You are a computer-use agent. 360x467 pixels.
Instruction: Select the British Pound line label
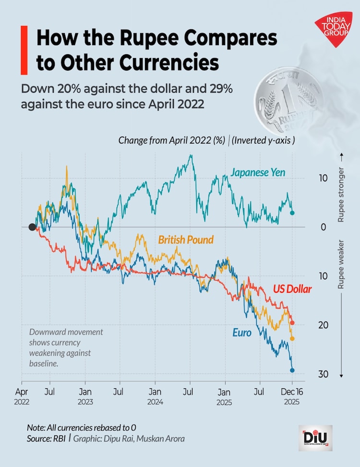(186, 239)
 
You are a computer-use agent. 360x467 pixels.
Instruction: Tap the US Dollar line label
(292, 289)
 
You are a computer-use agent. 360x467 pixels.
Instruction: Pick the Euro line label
(242, 332)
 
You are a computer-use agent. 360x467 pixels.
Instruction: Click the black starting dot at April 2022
(32, 227)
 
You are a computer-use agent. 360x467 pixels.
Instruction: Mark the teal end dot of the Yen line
(292, 213)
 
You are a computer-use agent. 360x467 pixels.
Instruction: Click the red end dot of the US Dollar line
(292, 323)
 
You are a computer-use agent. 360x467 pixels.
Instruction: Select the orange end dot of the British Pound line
(292, 338)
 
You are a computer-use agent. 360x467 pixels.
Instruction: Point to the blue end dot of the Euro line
(292, 370)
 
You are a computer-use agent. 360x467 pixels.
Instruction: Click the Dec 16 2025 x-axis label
(291, 396)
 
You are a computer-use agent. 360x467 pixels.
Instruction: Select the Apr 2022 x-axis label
(22, 396)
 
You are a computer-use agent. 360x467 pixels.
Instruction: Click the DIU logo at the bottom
(315, 437)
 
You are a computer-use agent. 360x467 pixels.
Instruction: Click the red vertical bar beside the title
(24, 50)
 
